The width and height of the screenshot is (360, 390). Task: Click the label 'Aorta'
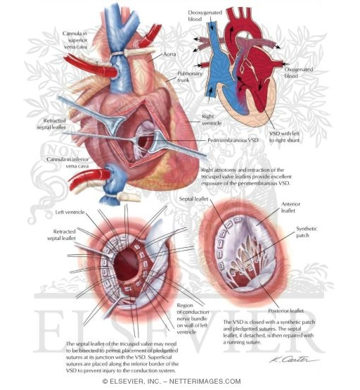click(169, 54)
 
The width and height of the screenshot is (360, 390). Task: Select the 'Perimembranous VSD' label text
click(233, 140)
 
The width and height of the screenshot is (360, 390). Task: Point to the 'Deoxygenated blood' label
click(205, 15)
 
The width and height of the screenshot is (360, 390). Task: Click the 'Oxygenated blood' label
click(298, 73)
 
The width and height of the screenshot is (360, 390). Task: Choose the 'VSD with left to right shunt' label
click(285, 137)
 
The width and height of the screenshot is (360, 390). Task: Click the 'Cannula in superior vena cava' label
click(75, 40)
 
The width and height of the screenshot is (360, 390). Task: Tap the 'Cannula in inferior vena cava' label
click(67, 163)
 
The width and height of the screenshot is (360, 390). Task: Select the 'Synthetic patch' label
click(307, 232)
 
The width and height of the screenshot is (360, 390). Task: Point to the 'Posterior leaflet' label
click(285, 310)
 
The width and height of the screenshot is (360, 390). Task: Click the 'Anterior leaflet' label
click(290, 207)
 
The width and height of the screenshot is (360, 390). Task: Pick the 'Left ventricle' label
click(70, 212)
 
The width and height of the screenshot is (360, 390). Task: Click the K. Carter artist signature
click(293, 359)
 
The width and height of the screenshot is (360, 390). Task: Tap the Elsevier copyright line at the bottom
click(172, 382)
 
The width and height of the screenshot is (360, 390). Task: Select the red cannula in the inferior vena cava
click(89, 180)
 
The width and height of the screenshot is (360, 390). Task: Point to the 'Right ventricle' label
click(212, 120)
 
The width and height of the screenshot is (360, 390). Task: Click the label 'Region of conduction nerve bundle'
click(193, 318)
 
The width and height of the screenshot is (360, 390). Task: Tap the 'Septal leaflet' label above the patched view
click(193, 199)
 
